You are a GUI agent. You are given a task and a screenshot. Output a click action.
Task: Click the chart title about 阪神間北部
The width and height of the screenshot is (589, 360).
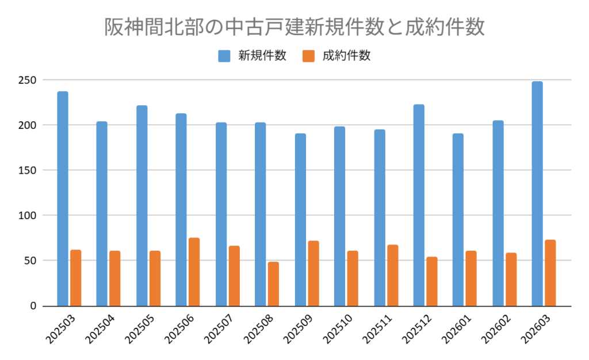click(x=294, y=27)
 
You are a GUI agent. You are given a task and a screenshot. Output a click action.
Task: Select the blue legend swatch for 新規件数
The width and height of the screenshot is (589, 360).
click(x=224, y=56)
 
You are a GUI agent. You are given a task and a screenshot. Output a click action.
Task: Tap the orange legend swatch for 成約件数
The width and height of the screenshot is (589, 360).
click(x=308, y=56)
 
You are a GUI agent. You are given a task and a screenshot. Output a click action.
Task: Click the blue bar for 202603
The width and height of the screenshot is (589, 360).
click(x=537, y=194)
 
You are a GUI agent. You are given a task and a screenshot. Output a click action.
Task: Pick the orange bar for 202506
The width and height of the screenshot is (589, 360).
click(x=194, y=271)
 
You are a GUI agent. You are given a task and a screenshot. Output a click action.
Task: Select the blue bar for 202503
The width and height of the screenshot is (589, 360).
click(x=63, y=198)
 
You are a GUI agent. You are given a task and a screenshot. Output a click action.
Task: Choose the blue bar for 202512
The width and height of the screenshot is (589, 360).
click(x=419, y=205)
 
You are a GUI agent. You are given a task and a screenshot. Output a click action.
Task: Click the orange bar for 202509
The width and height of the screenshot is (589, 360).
click(x=313, y=273)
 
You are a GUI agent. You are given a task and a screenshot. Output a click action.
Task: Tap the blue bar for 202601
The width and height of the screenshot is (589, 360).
click(x=458, y=220)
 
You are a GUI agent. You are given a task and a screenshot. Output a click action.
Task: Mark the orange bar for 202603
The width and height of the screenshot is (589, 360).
click(x=550, y=273)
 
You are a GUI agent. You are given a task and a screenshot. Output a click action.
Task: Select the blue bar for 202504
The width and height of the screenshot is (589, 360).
click(x=102, y=213)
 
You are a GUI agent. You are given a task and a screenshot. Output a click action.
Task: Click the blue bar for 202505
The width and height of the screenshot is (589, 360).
click(x=141, y=206)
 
